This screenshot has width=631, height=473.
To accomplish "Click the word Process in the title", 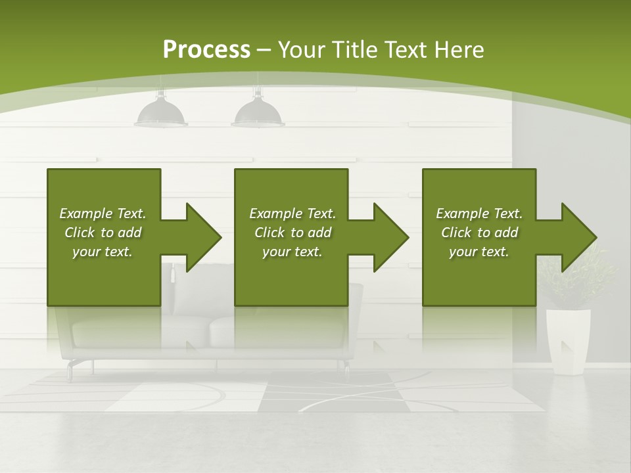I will click(x=206, y=50).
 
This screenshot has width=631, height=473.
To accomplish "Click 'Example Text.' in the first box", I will click(x=103, y=214).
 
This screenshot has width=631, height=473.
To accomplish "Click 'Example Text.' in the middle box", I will click(x=292, y=214).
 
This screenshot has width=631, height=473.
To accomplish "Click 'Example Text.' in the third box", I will click(x=479, y=214).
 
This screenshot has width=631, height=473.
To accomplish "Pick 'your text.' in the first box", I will click(x=103, y=252).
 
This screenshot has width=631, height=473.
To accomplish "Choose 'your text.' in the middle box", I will click(x=292, y=252).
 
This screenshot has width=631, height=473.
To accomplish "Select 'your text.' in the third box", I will click(x=479, y=252).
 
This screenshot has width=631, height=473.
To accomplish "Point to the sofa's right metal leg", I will click(x=346, y=368).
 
